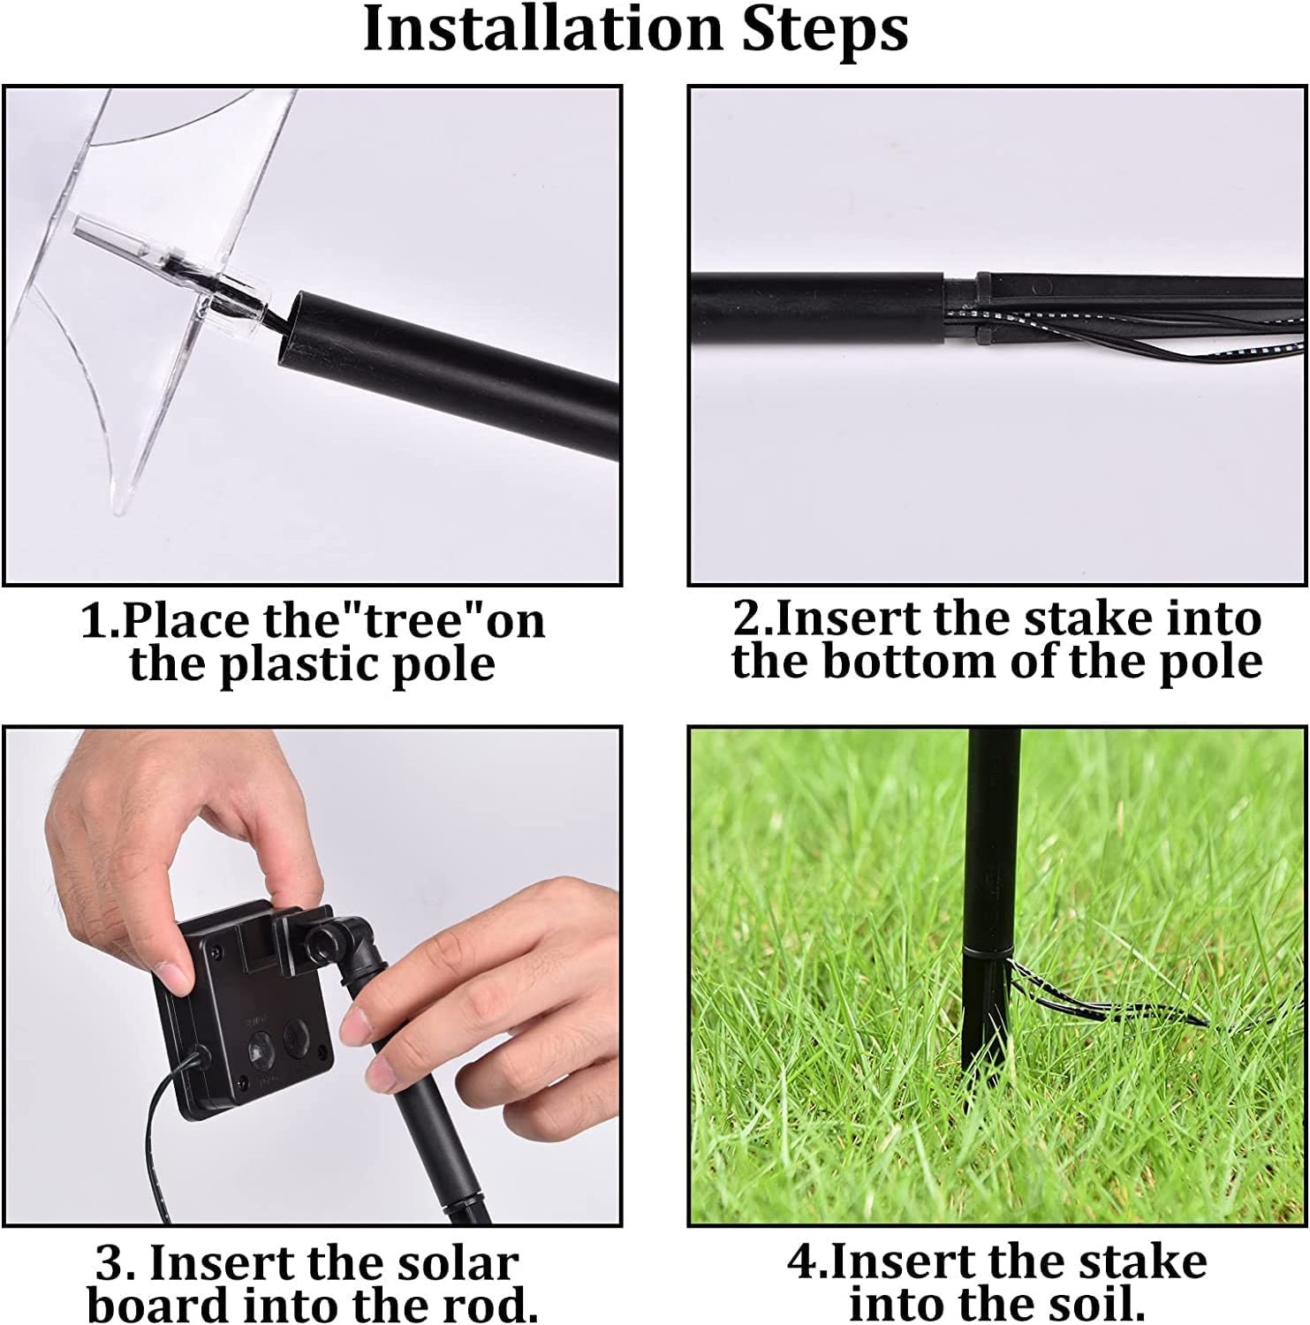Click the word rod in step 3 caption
tap(486, 1306)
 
